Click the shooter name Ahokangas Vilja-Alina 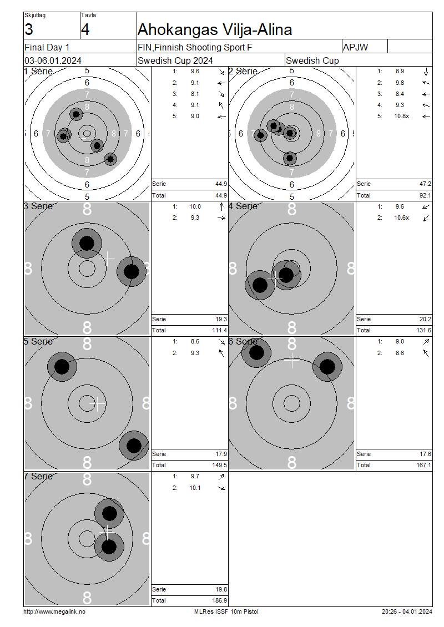pyautogui.click(x=215, y=30)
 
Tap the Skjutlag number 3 pyautogui.click(x=29, y=30)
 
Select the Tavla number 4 pyautogui.click(x=85, y=30)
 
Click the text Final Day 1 pyautogui.click(x=47, y=48)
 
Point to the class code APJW pyautogui.click(x=355, y=47)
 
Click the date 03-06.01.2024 pyautogui.click(x=53, y=61)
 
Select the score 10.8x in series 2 pyautogui.click(x=402, y=117)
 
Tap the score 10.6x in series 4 pyautogui.click(x=402, y=218)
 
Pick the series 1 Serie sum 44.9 pyautogui.click(x=221, y=184)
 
